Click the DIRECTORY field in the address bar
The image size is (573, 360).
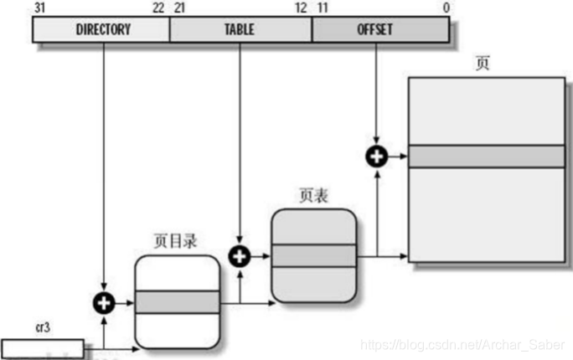click(102, 30)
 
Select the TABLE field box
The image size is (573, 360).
click(240, 30)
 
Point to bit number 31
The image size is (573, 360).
click(39, 8)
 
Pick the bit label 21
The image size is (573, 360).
click(178, 8)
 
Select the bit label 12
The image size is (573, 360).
click(301, 8)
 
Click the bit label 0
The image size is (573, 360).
click(446, 8)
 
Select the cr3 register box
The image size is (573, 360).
click(42, 347)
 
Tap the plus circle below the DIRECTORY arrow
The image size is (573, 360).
click(103, 302)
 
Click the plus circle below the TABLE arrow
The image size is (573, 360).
click(240, 255)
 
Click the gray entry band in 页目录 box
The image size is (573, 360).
click(177, 302)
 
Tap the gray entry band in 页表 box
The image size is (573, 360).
click(313, 255)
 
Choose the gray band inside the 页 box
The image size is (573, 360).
click(486, 157)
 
